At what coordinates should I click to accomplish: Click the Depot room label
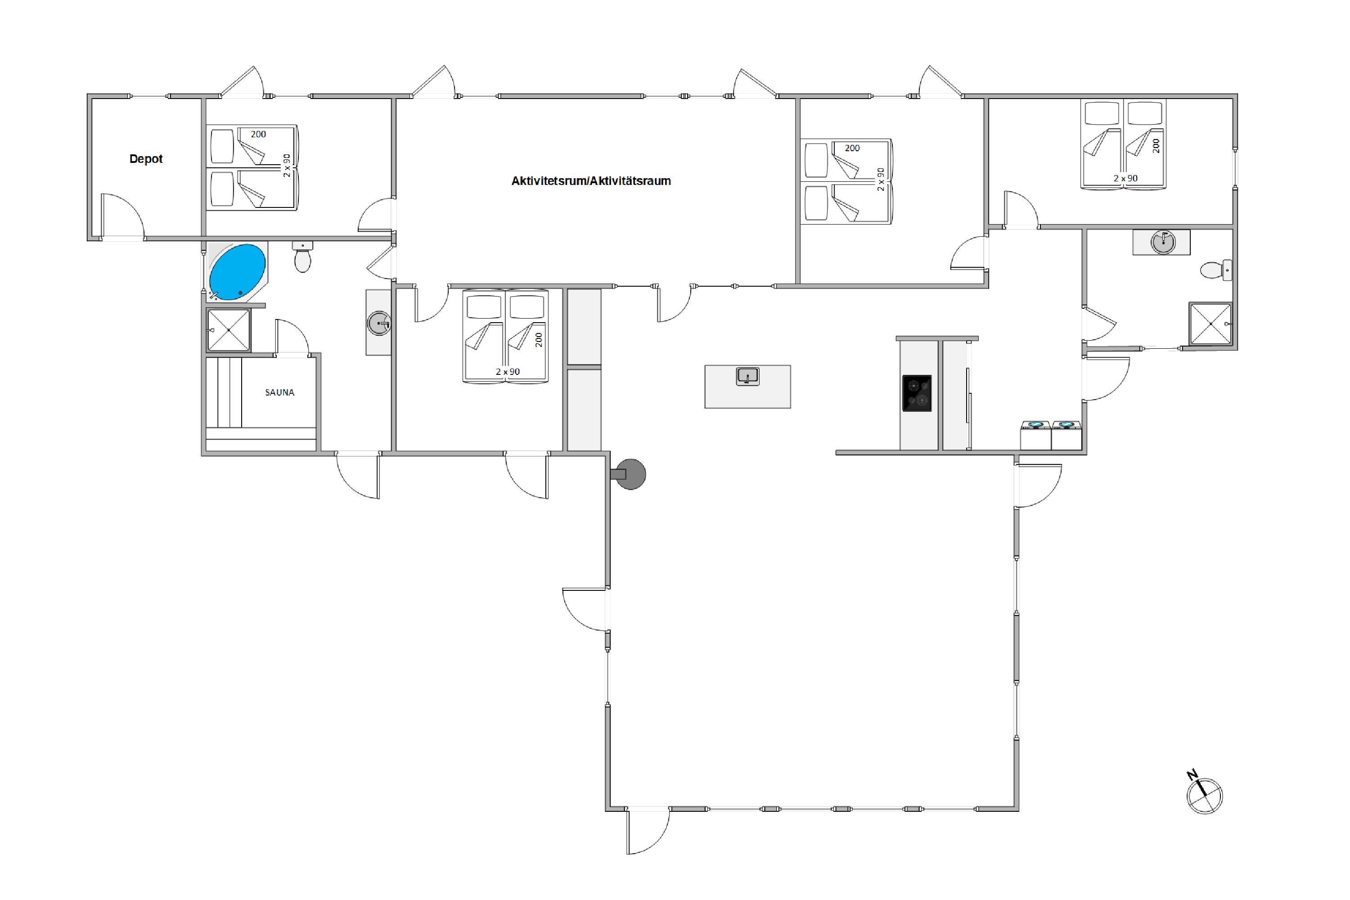pos(146,159)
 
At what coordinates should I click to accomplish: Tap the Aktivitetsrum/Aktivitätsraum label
pos(591,181)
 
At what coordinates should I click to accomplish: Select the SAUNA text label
pos(279,392)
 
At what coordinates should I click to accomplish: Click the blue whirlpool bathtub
pos(237,272)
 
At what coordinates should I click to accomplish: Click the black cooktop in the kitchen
pos(917,393)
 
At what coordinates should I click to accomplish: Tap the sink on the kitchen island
pos(748,377)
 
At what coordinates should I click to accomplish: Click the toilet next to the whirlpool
pos(302,256)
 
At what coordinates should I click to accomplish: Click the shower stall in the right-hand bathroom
pos(1210,324)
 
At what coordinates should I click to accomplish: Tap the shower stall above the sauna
pos(229,330)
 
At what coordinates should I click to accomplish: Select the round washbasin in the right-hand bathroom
pos(1163,242)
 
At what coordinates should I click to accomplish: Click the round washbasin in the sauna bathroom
pos(379,323)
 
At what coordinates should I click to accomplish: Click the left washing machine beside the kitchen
pos(1035,435)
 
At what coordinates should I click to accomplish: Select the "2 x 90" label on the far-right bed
pos(1125,179)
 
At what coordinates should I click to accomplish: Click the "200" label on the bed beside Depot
pos(258,134)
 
